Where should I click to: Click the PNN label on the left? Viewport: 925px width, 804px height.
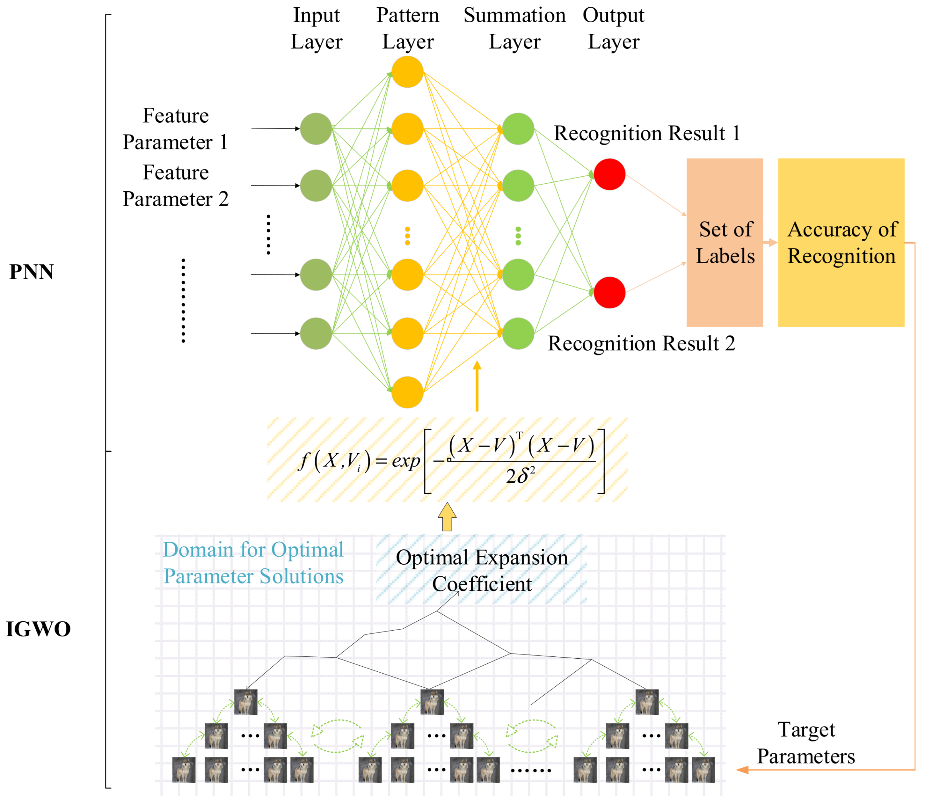pos(31,272)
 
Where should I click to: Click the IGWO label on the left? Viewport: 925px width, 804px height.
pos(38,630)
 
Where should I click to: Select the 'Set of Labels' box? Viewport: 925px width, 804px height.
pos(725,242)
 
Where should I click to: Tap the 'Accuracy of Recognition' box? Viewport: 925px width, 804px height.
pos(841,242)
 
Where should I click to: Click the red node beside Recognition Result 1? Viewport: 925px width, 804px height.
pos(609,174)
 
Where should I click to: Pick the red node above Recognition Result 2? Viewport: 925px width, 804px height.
pos(609,293)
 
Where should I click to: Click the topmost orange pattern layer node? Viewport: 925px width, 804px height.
pos(407,72)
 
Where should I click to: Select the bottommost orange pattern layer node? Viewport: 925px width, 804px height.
pos(407,392)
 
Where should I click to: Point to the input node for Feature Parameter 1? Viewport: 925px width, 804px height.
pos(316,129)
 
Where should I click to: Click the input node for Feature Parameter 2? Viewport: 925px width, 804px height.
pos(316,185)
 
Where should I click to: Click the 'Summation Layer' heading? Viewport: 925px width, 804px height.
pos(514,28)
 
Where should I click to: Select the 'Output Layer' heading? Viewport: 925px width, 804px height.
pos(613,28)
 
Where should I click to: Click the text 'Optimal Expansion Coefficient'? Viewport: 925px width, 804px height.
pos(482,571)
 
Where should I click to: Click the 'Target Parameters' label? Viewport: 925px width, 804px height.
pos(806,743)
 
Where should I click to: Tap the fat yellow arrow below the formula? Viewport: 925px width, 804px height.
pos(447,517)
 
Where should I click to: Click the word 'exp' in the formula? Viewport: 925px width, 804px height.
pos(406,461)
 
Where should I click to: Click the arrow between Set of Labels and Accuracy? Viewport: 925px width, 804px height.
pos(770,243)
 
